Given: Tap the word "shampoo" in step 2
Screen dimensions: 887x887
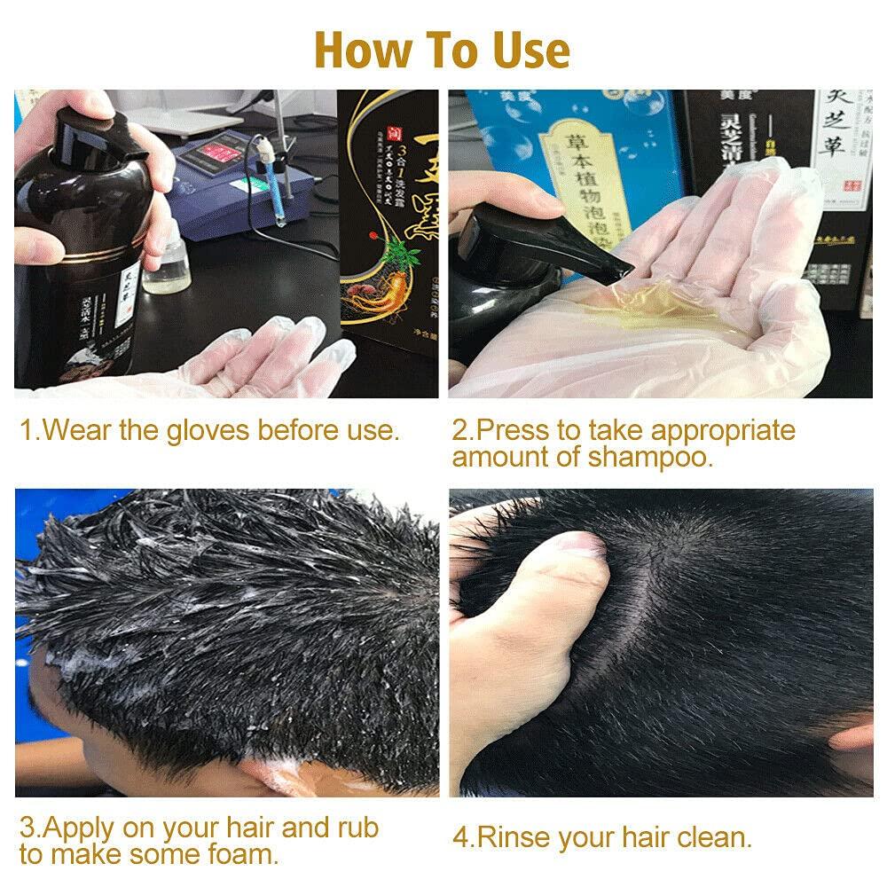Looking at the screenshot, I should [652, 458].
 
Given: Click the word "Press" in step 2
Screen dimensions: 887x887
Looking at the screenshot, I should [514, 431].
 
